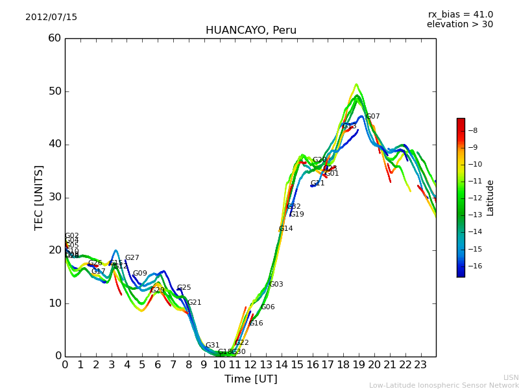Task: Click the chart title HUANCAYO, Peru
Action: pyautogui.click(x=250, y=30)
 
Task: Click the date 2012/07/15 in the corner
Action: pyautogui.click(x=51, y=18)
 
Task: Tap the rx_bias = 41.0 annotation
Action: pyautogui.click(x=460, y=15)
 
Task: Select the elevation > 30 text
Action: pyautogui.click(x=459, y=25)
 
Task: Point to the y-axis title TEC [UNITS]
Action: pyautogui.click(x=40, y=197)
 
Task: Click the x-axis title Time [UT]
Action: pyautogui.click(x=250, y=379)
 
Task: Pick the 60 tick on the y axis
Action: pyautogui.click(x=54, y=38)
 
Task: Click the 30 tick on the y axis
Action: pyautogui.click(x=54, y=197)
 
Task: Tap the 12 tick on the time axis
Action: pyautogui.click(x=250, y=365)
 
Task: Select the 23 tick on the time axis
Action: pyautogui.click(x=420, y=365)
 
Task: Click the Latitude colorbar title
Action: pyautogui.click(x=490, y=197)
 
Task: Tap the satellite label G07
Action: pyautogui.click(x=373, y=117)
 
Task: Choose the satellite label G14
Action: pyautogui.click(x=286, y=229)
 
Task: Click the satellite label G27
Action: pyautogui.click(x=132, y=258)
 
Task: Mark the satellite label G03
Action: pyautogui.click(x=276, y=285)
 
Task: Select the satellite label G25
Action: pyautogui.click(x=184, y=288)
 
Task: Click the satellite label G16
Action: pyautogui.click(x=256, y=324)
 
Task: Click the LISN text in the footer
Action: pyautogui.click(x=511, y=377)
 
